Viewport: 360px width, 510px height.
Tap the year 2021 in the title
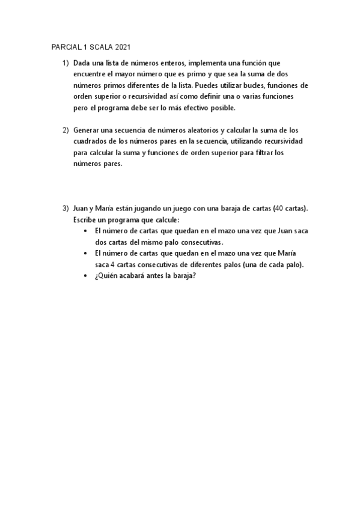coord(119,47)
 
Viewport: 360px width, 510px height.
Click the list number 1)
coord(65,63)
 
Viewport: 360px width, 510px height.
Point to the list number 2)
coord(65,130)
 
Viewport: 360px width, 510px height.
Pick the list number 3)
coord(65,208)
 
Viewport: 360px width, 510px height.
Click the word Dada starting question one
coord(82,63)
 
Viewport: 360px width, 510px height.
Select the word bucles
coord(246,85)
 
